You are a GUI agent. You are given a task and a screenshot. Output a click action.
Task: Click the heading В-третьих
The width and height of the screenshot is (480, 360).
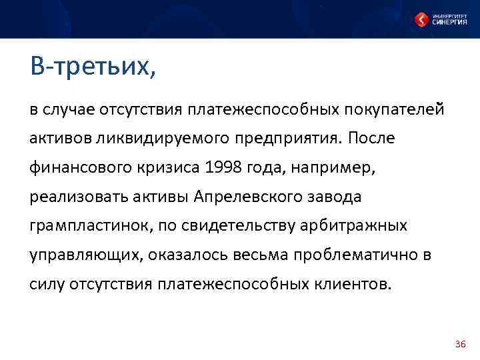93,67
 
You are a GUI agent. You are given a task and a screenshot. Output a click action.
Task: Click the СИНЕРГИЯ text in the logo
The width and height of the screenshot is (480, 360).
449,22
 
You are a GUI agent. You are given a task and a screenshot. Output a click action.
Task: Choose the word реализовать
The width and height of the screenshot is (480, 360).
77,197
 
